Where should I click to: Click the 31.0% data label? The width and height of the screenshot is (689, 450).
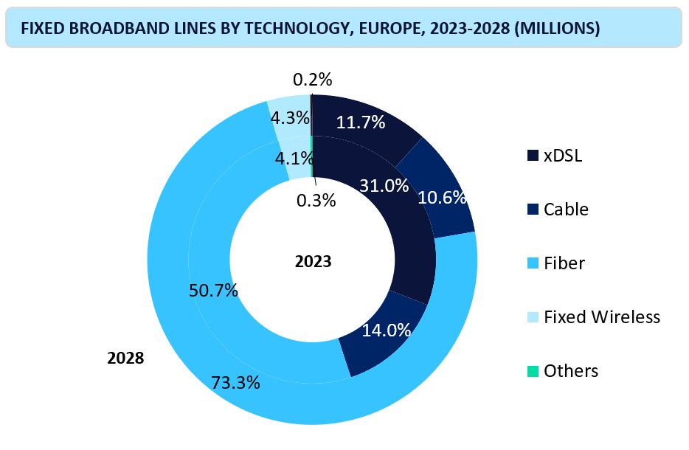(384, 186)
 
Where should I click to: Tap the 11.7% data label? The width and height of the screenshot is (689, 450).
(361, 122)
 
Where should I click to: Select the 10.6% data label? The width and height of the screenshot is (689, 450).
(442, 198)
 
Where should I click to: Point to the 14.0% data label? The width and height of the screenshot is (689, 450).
(386, 330)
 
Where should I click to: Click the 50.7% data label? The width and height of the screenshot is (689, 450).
(213, 290)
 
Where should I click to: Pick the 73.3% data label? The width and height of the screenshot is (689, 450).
(235, 382)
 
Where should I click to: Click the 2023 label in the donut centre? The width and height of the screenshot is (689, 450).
(314, 261)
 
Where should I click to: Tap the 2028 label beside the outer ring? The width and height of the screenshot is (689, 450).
(125, 359)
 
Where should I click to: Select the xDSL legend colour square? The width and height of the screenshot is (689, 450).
(533, 156)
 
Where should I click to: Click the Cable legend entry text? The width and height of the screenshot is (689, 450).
(566, 209)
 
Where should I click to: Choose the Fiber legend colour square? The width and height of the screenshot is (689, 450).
(533, 263)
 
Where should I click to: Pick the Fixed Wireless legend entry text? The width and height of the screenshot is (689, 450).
(601, 317)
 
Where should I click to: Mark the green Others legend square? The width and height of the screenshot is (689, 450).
(533, 370)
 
